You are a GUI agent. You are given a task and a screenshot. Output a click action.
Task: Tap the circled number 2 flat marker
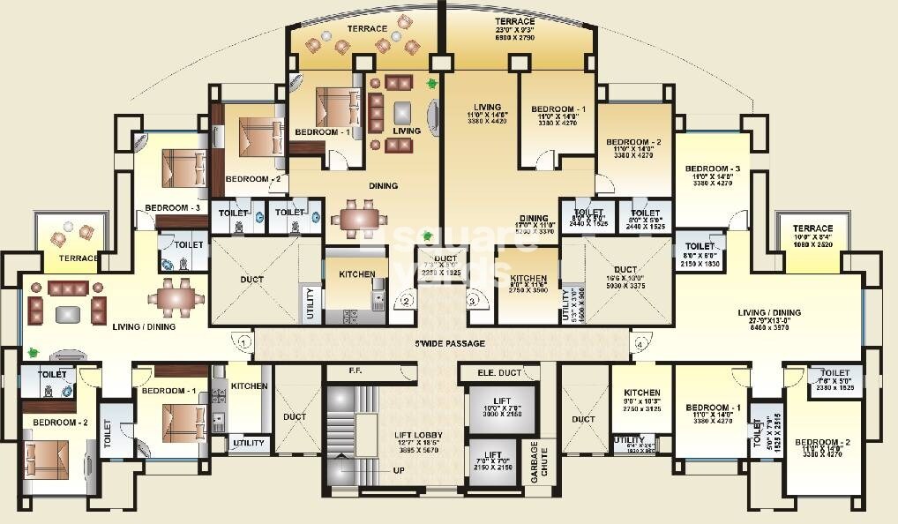pos(406,301)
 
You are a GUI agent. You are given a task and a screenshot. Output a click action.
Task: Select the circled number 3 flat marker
pos(473,301)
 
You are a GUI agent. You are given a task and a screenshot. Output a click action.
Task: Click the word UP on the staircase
pos(399,470)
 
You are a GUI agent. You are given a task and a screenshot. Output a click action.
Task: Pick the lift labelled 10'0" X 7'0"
pos(502,407)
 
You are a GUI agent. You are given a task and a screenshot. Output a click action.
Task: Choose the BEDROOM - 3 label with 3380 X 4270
pos(713,168)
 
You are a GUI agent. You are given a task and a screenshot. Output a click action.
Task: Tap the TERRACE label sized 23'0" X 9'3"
pos(514,21)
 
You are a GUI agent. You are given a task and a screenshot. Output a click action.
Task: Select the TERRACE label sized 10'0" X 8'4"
pos(812,228)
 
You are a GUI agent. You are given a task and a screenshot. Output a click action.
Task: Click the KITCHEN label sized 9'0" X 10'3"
pos(642,393)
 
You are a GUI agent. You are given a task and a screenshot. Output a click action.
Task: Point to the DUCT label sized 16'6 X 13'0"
pos(625,270)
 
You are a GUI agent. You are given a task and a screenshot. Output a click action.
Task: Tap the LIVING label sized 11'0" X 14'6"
pos(486,108)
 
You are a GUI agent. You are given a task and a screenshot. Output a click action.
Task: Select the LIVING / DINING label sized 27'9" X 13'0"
pos(768,312)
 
